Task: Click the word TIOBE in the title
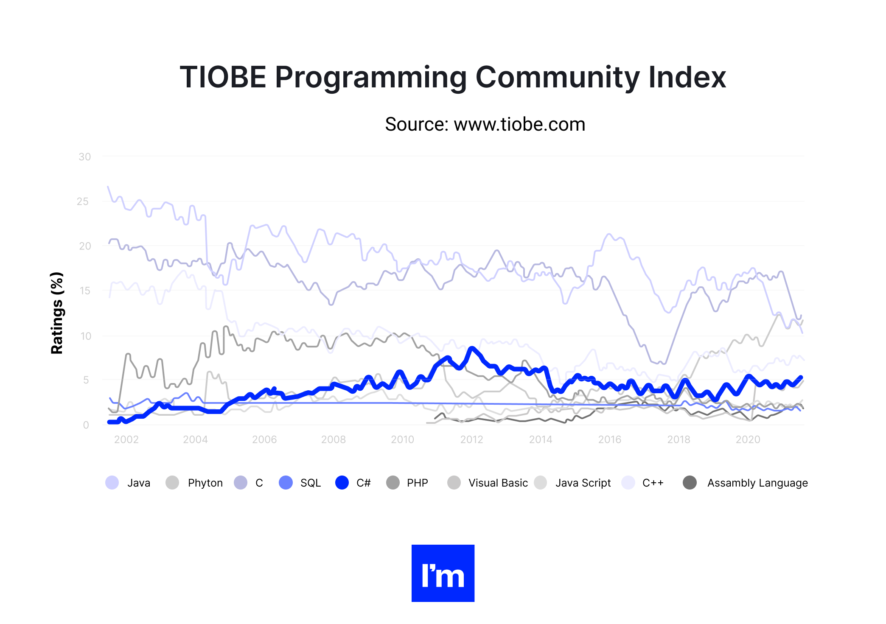(x=222, y=77)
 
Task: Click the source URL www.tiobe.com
(x=519, y=124)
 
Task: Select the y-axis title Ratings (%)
(x=57, y=313)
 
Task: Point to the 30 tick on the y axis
(x=84, y=157)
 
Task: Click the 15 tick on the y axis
(x=84, y=291)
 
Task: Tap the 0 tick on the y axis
(x=86, y=425)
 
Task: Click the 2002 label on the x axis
(x=126, y=439)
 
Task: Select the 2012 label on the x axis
(x=471, y=439)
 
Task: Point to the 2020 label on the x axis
(x=748, y=439)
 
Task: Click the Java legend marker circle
(x=112, y=483)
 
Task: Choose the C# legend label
(x=363, y=483)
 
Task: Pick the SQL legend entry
(x=310, y=483)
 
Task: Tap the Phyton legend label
(x=205, y=483)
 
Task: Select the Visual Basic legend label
(x=498, y=483)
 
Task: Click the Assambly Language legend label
(x=757, y=483)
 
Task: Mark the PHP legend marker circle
(x=393, y=483)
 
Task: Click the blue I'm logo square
(x=443, y=573)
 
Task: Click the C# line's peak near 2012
(x=471, y=349)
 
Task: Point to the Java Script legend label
(x=583, y=483)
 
